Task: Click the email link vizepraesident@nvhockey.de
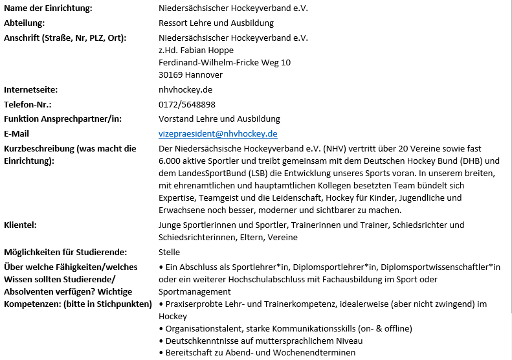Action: pyautogui.click(x=218, y=134)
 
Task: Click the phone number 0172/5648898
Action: pyautogui.click(x=187, y=104)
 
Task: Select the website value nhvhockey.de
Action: pyautogui.click(x=185, y=89)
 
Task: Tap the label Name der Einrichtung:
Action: pyautogui.click(x=48, y=8)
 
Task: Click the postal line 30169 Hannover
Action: pyautogui.click(x=190, y=74)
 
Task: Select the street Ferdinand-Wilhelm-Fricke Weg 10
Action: pyautogui.click(x=225, y=62)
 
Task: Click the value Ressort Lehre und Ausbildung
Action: pyautogui.click(x=216, y=23)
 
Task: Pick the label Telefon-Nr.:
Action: pyautogui.click(x=28, y=104)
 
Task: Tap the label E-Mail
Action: pyautogui.click(x=17, y=134)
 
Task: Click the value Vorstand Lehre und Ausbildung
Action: pyautogui.click(x=219, y=119)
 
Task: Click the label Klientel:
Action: pyautogui.click(x=20, y=225)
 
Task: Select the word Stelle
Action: pyautogui.click(x=169, y=252)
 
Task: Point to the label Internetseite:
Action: pyautogui.click(x=31, y=89)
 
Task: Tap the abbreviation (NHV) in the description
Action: pyautogui.click(x=335, y=148)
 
